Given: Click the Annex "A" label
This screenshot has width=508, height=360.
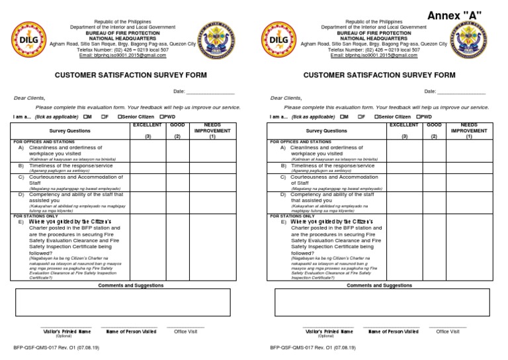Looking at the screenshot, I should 454,15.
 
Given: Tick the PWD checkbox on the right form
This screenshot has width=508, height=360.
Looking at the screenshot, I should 417,116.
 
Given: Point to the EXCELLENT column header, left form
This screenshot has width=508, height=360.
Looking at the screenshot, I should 147,124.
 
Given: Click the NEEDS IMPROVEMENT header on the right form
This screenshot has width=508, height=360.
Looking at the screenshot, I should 468,130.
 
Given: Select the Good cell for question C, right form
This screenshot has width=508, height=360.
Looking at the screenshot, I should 434,183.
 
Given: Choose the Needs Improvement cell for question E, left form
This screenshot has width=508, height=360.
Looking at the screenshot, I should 212,249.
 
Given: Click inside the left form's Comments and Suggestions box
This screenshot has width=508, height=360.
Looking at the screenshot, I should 130,303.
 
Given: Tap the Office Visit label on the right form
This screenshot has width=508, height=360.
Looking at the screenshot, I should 448,331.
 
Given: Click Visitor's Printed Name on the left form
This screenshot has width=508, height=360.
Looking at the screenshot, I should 67,331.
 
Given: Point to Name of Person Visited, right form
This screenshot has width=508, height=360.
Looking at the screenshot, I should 393,331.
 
